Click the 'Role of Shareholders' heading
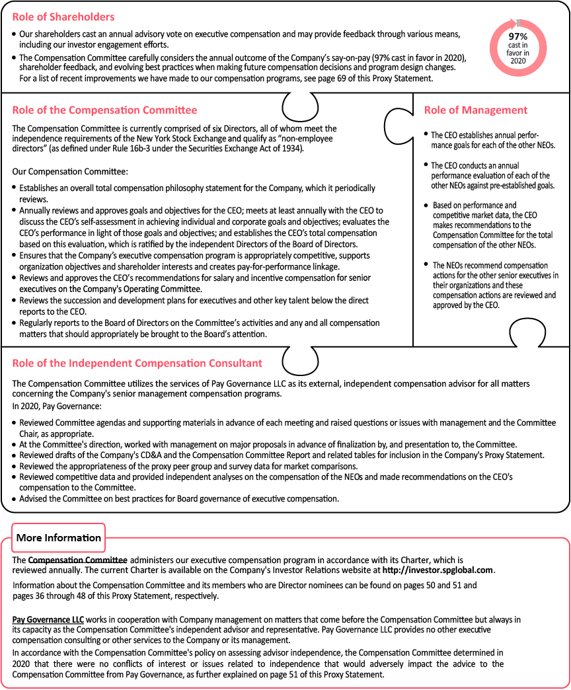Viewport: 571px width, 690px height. click(63, 17)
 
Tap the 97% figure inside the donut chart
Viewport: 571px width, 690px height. click(517, 36)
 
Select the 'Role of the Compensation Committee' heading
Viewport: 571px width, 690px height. click(104, 110)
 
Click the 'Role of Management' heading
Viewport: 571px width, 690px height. click(476, 110)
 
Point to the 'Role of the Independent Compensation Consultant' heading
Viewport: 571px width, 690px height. click(137, 363)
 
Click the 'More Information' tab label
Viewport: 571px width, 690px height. click(59, 537)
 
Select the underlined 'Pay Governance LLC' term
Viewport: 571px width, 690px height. click(48, 619)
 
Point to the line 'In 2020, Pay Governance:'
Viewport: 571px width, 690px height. click(57, 406)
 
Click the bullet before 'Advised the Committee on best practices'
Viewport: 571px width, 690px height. click(15, 498)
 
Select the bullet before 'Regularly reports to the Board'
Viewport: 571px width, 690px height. click(15, 323)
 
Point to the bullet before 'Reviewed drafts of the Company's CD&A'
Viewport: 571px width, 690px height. click(15, 456)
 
